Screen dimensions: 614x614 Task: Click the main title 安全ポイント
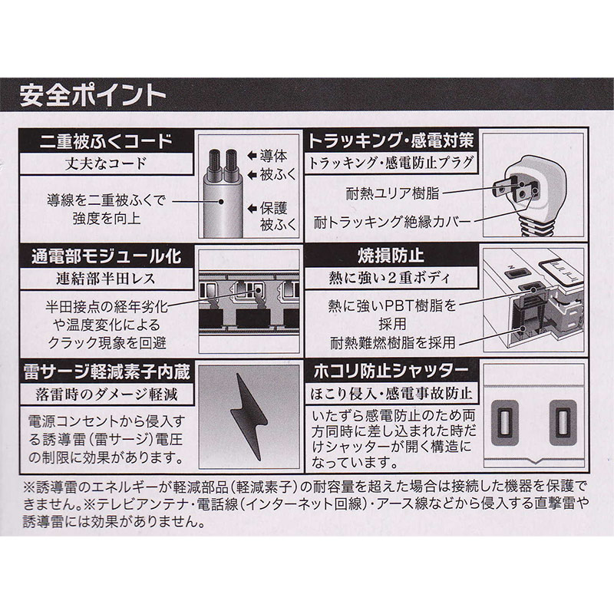click(93, 95)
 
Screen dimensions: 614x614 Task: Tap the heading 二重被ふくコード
click(106, 141)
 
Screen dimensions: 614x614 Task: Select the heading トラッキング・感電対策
click(391, 141)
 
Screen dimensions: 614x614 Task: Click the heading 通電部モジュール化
click(106, 257)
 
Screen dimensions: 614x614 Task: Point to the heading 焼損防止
click(391, 256)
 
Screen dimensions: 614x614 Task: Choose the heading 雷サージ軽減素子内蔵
click(107, 371)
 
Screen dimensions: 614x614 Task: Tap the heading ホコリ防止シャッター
click(391, 371)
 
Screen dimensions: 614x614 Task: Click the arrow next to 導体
click(253, 156)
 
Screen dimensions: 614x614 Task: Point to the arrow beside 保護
click(253, 209)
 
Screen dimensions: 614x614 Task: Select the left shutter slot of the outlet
click(504, 423)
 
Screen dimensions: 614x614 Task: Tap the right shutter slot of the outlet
click(563, 423)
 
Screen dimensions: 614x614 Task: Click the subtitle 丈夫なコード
click(106, 163)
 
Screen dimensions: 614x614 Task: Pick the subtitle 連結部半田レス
click(106, 279)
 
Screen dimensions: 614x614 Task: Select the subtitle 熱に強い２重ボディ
click(390, 278)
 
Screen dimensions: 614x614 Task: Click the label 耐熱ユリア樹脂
click(392, 193)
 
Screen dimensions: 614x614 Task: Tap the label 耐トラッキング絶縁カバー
click(392, 222)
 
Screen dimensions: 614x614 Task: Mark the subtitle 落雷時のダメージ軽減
click(107, 394)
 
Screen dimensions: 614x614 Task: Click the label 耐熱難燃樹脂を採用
click(393, 342)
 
